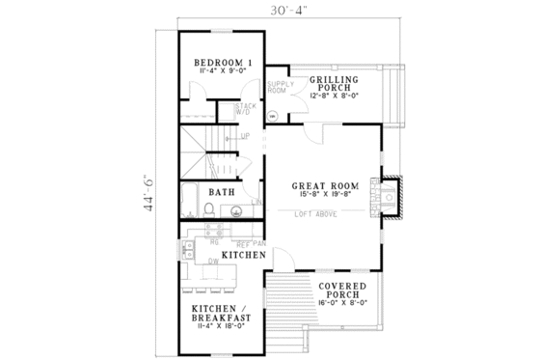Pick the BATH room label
click(223, 192)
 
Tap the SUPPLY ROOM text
click(279, 88)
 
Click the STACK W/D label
click(247, 109)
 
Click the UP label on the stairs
click(245, 136)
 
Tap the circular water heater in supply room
click(272, 116)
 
